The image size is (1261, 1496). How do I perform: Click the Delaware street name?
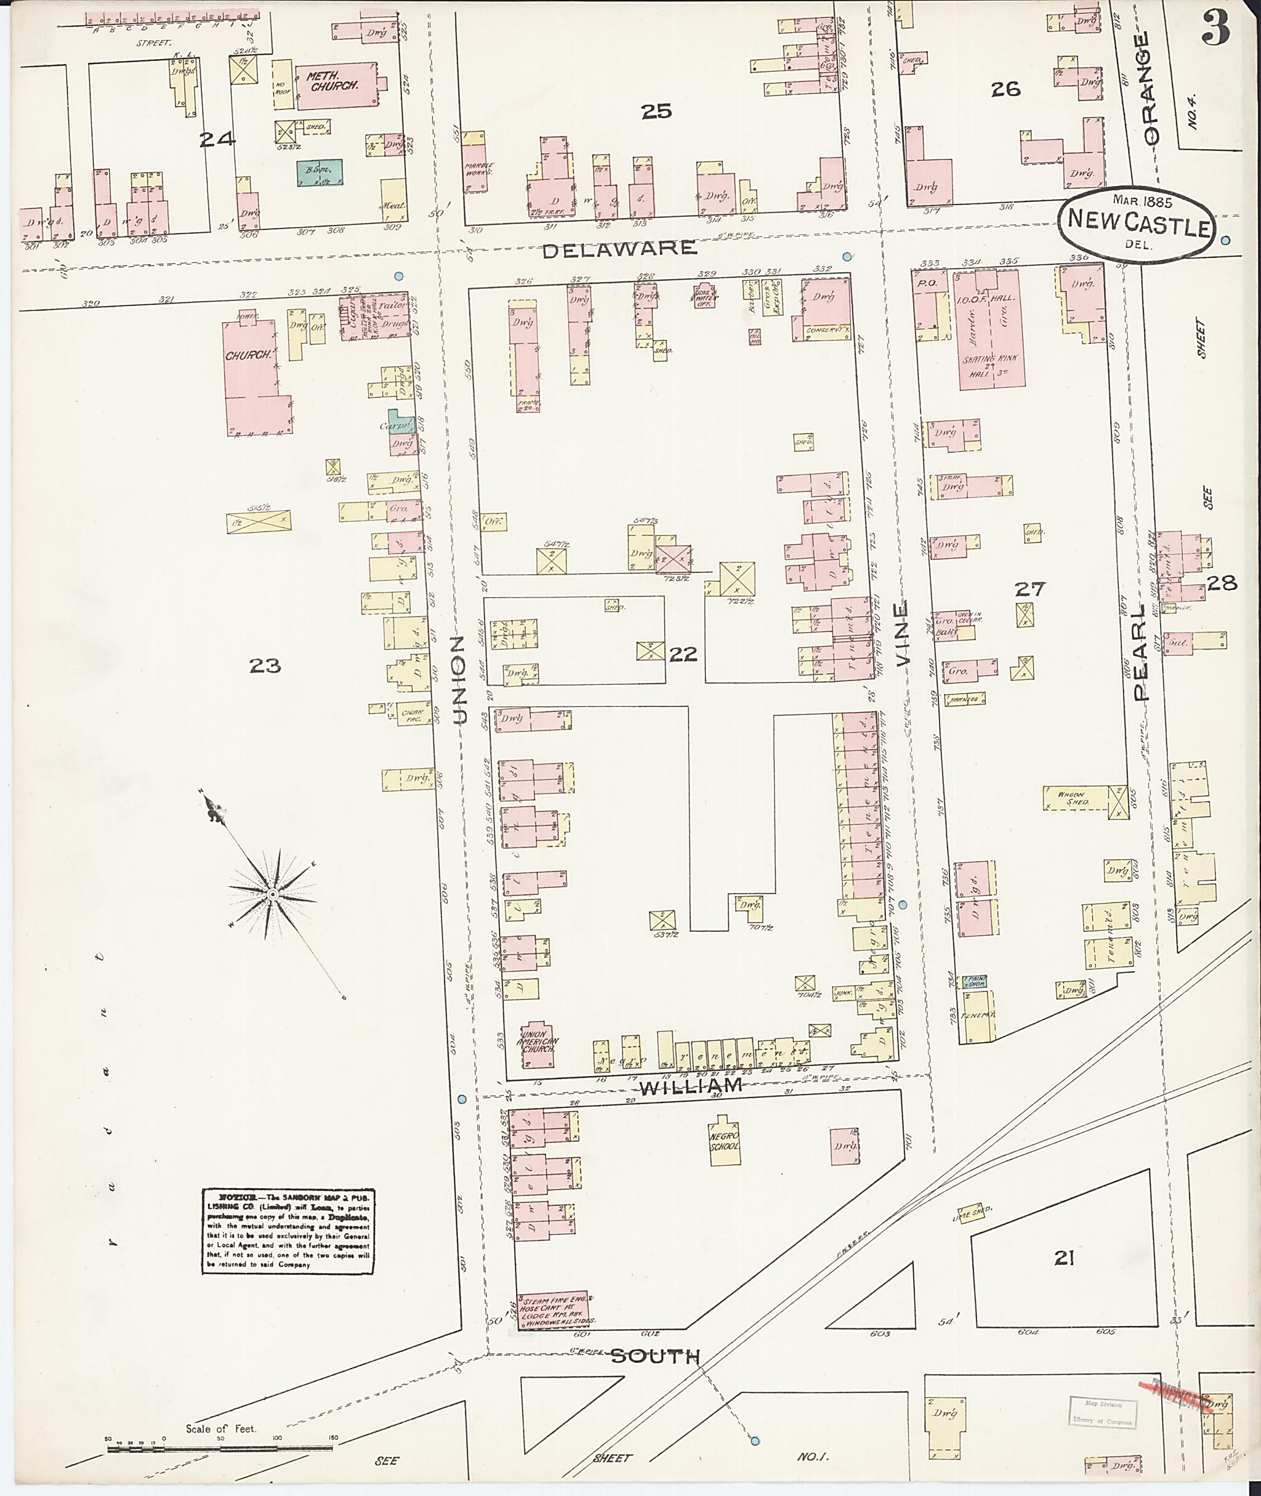tap(619, 248)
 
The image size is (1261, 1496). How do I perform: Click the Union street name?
tap(460, 679)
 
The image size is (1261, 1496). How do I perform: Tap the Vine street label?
tap(902, 634)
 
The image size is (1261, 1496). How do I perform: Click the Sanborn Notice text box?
tap(288, 1231)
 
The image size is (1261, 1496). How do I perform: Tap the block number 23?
tap(265, 666)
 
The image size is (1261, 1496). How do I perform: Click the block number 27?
tap(1030, 589)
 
